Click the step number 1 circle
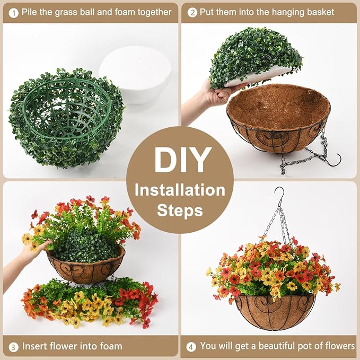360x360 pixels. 12,12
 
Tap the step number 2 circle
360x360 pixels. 192,12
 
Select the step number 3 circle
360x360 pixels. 12,347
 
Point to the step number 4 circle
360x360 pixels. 191,347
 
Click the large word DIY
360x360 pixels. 180,159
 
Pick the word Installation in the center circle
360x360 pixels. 180,190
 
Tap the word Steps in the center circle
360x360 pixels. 180,210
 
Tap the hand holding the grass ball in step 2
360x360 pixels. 212,95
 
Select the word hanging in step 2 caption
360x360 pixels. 282,12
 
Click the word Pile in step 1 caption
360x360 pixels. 31,12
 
